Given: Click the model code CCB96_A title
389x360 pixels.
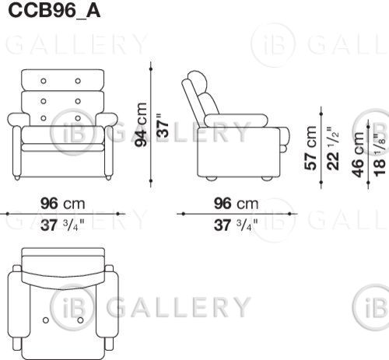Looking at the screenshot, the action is click(x=54, y=11).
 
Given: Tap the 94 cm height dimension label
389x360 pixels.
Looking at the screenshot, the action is click(x=142, y=124).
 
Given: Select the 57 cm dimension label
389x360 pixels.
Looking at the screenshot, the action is click(x=310, y=148).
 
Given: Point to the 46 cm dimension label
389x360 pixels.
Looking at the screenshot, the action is click(x=358, y=155).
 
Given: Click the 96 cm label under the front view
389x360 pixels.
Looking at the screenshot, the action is click(x=62, y=204).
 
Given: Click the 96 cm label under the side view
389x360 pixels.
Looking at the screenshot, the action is click(x=236, y=204).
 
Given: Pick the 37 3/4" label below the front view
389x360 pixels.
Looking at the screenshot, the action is click(x=62, y=225).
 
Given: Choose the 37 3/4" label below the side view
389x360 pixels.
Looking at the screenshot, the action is click(x=236, y=225).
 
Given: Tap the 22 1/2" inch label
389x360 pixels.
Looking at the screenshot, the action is click(x=333, y=148).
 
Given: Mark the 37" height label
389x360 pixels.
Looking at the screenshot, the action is click(x=163, y=125).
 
